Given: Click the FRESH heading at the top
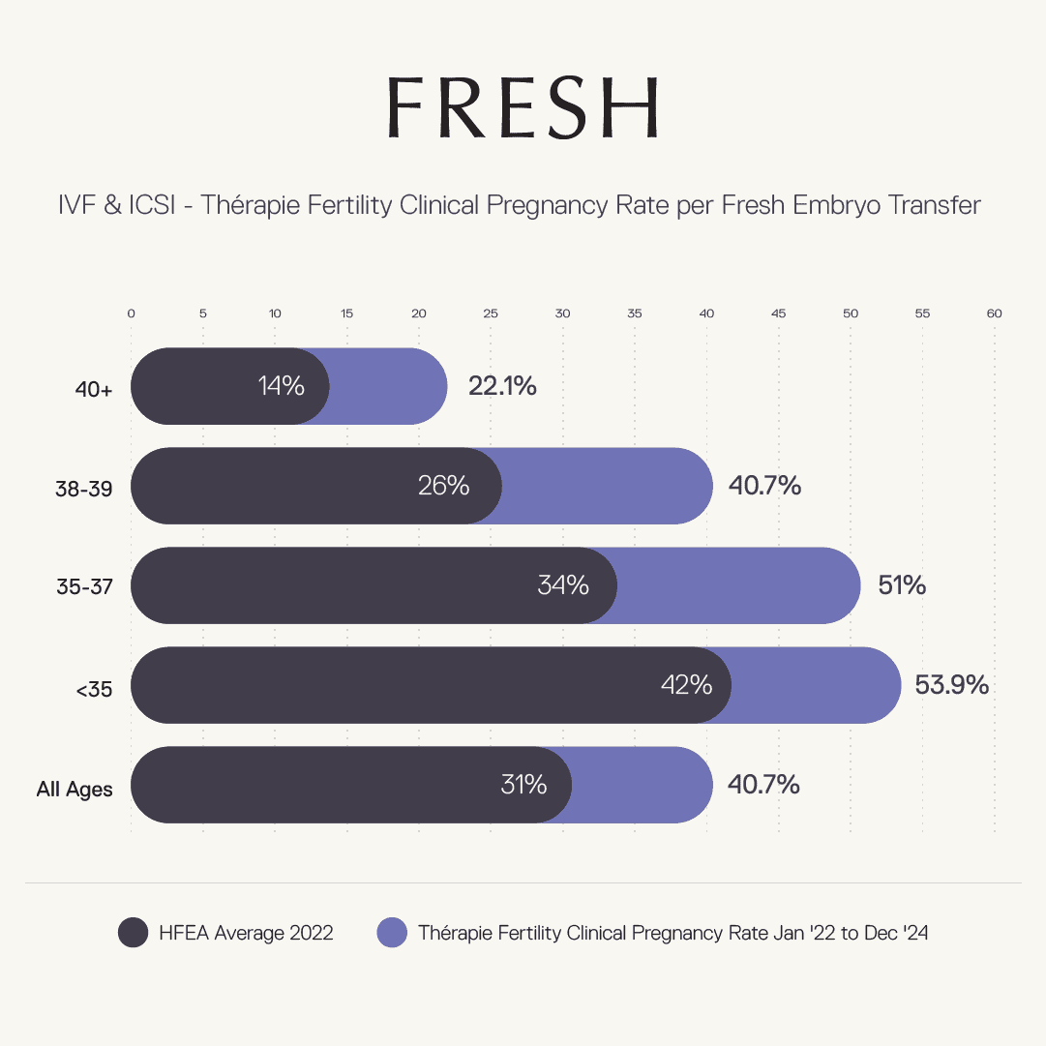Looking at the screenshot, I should coord(523,107).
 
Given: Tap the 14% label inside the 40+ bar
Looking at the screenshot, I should coord(281,386).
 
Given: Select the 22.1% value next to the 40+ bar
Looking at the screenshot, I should coord(502,386).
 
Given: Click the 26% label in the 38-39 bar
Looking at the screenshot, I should coord(443,486).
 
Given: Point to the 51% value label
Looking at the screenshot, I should coord(902,585).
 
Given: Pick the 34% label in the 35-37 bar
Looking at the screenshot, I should coord(562,585).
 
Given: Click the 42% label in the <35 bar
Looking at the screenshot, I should coord(686,685).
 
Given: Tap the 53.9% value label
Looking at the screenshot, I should coord(951,685).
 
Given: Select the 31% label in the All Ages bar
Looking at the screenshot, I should coord(523,785).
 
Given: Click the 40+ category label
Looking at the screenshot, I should coord(95,389).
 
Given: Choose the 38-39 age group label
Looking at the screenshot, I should coord(84,489).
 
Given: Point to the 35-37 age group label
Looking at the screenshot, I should coord(84,588).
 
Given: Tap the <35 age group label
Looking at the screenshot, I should coord(94,690).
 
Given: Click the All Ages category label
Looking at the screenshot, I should coord(75,790).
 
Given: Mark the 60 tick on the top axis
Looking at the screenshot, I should coord(994,314).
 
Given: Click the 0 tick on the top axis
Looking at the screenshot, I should coord(132,314).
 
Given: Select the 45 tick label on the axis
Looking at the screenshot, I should coord(778,314).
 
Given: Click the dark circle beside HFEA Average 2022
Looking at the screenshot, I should coord(133,933).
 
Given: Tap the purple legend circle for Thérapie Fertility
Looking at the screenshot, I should coord(392,933).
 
